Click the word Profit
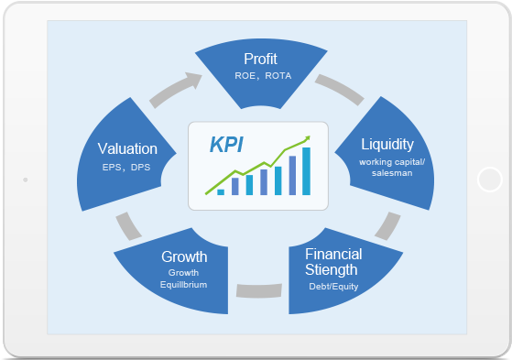click(x=260, y=60)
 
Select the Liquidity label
click(x=387, y=144)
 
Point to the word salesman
click(x=386, y=172)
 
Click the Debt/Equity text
click(x=333, y=287)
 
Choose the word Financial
click(x=333, y=254)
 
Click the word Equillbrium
click(x=183, y=284)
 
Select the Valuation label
click(x=127, y=148)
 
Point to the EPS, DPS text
click(x=127, y=167)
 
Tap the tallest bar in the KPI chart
click(x=306, y=172)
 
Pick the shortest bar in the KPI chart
click(x=221, y=191)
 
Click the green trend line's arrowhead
click(x=307, y=139)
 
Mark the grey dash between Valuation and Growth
click(x=123, y=224)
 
